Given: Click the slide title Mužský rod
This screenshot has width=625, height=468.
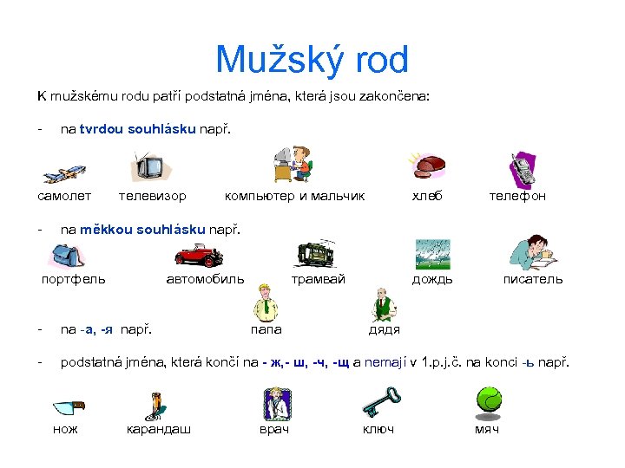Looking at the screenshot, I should click(312, 61).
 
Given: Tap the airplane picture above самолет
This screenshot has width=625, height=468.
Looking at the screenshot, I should click(62, 172).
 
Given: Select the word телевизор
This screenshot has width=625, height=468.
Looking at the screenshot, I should click(152, 196).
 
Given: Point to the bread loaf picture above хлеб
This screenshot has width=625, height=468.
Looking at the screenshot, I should click(429, 165).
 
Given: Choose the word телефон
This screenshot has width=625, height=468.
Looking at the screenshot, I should click(517, 196).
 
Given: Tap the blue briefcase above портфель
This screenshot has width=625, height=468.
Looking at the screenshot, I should click(67, 255).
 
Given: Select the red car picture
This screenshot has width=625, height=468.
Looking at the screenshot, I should click(199, 253).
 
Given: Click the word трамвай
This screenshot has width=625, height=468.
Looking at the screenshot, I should click(318, 279).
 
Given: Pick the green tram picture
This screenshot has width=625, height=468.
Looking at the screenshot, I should click(316, 252).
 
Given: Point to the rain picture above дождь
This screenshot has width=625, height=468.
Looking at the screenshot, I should click(431, 254).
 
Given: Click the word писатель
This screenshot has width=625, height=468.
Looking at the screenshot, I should click(533, 279).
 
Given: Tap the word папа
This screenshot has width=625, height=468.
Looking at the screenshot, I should click(266, 329).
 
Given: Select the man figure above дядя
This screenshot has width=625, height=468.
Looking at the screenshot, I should click(384, 305).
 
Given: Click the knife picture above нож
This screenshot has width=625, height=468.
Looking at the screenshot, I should click(68, 406).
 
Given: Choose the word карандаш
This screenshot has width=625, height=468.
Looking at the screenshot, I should click(159, 429).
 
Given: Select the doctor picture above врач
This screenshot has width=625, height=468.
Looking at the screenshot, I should click(275, 404).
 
